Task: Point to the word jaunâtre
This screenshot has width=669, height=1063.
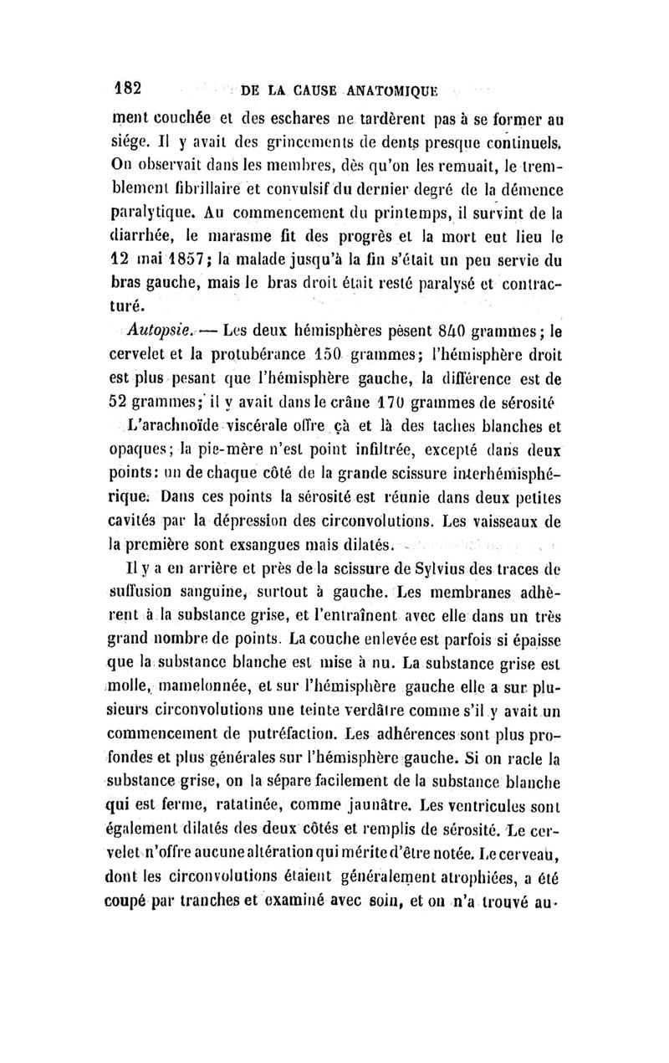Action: click(416, 783)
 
